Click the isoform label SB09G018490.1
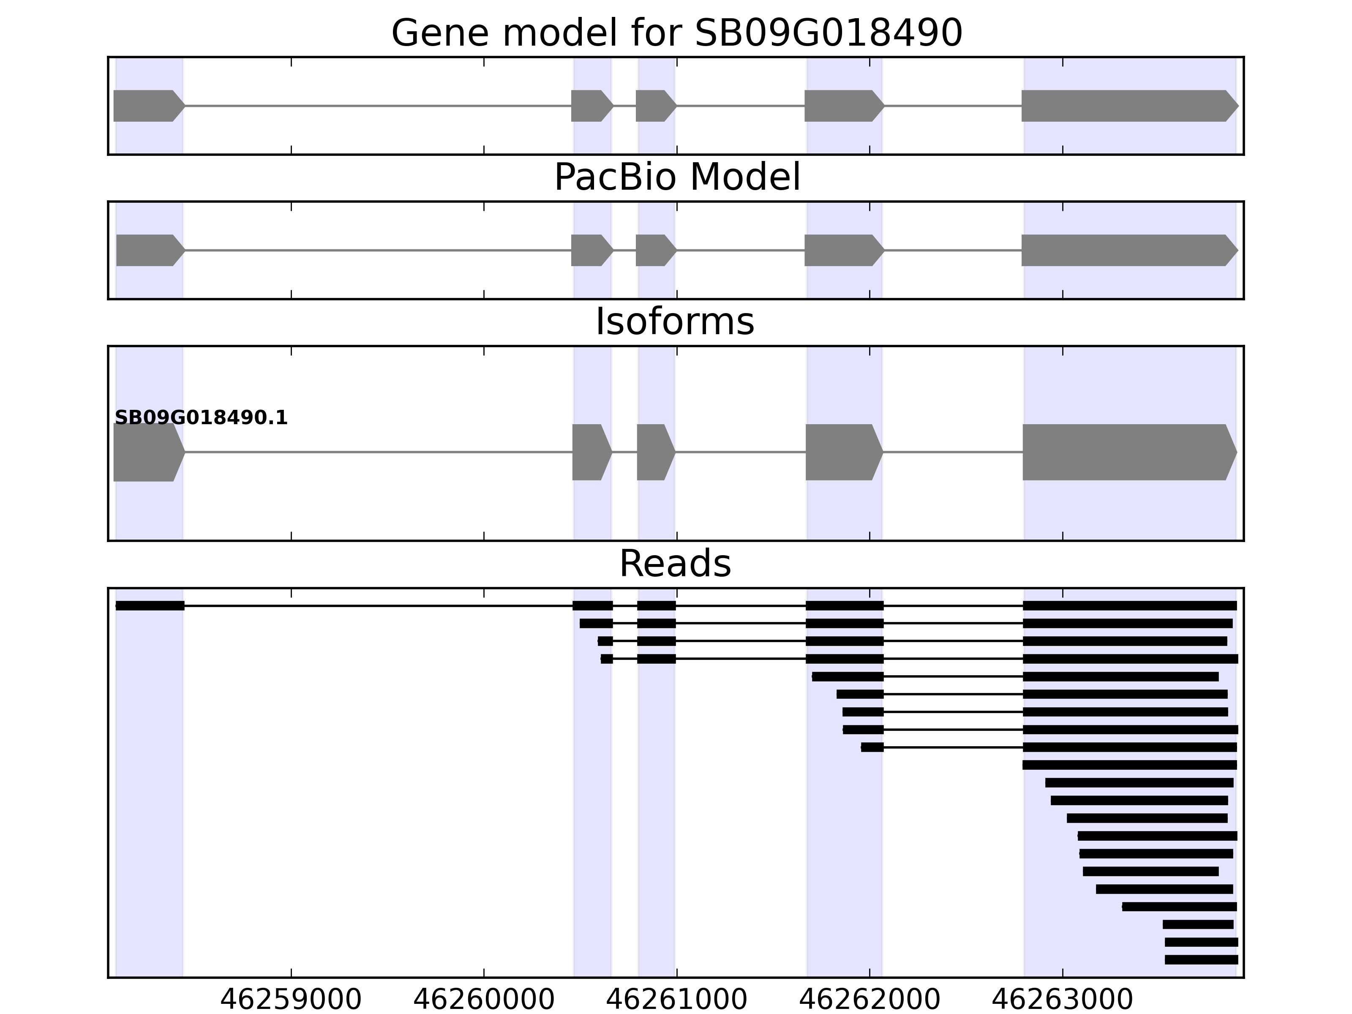(201, 418)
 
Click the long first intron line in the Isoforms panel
(379, 452)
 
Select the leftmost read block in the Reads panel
(150, 606)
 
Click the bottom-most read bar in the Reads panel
(1201, 959)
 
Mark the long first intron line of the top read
(379, 606)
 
